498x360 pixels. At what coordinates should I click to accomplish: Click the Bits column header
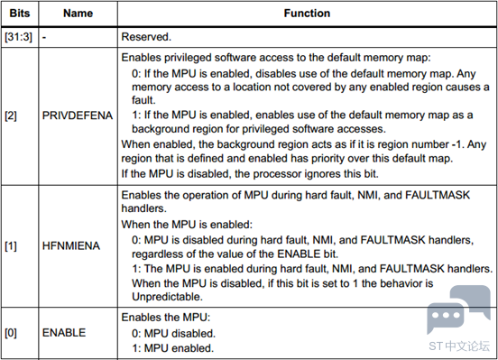[x=20, y=14]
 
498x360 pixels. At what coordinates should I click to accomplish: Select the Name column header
[x=78, y=14]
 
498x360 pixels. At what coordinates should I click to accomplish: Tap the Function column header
[x=307, y=14]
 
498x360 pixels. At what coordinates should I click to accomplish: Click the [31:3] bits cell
[x=18, y=37]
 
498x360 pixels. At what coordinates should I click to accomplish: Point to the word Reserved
[x=146, y=37]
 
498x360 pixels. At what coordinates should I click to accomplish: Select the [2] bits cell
[x=11, y=115]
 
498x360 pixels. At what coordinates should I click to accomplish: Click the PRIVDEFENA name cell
[x=78, y=115]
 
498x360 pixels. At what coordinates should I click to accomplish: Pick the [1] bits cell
[x=11, y=246]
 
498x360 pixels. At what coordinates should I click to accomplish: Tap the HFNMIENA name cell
[x=71, y=246]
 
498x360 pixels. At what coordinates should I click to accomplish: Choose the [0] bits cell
[x=11, y=333]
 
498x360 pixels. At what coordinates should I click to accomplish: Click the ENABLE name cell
[x=64, y=333]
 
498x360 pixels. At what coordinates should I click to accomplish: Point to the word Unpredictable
[x=167, y=297]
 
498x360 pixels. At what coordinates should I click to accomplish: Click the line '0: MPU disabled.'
[x=173, y=334]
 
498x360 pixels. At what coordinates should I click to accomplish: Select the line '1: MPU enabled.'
[x=173, y=348]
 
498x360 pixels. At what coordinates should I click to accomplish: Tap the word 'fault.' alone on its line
[x=143, y=100]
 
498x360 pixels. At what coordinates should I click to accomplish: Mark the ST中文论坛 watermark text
[x=459, y=346]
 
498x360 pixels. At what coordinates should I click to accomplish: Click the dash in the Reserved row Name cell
[x=44, y=38]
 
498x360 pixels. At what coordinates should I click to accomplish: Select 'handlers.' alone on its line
[x=143, y=208]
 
